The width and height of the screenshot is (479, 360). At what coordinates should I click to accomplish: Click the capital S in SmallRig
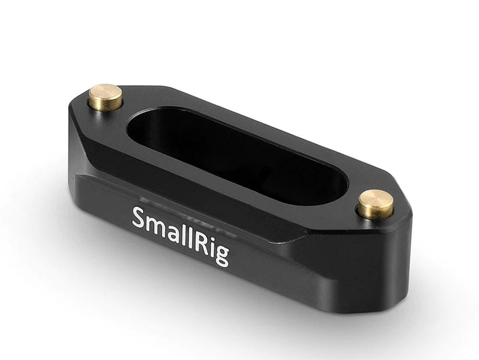tap(139, 218)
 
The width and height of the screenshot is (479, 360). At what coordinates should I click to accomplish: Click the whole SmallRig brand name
tap(180, 237)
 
